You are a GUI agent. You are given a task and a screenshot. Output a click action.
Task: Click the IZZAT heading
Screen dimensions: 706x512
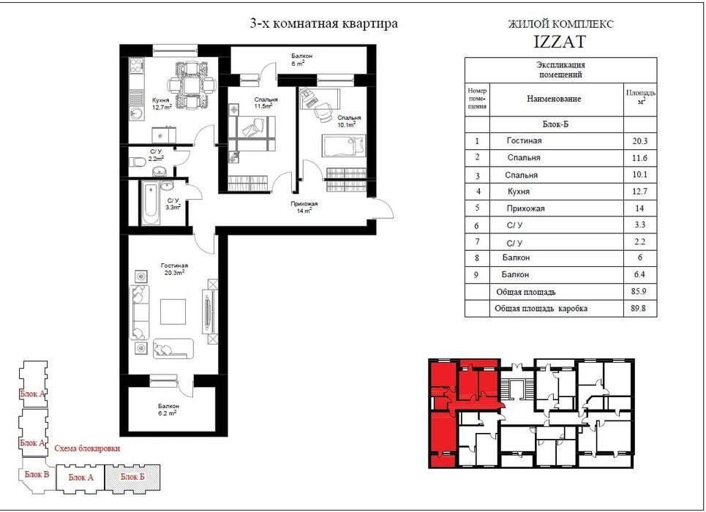click(x=560, y=42)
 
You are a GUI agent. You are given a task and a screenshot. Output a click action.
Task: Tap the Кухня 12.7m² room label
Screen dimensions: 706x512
click(x=162, y=104)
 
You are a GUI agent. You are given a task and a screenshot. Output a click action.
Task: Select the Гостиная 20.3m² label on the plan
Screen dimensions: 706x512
click(x=174, y=269)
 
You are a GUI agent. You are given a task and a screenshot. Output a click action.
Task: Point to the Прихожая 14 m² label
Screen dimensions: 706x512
click(x=304, y=207)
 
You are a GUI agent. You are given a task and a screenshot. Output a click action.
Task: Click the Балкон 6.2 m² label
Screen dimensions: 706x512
click(x=168, y=410)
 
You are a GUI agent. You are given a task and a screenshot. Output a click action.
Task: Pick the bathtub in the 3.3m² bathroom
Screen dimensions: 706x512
click(x=151, y=203)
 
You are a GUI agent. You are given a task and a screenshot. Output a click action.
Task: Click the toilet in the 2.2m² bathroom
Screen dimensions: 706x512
click(x=137, y=161)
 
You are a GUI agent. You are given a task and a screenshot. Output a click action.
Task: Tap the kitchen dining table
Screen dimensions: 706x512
click(x=190, y=85)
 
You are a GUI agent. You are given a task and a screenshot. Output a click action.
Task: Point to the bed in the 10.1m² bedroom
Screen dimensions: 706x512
click(x=345, y=146)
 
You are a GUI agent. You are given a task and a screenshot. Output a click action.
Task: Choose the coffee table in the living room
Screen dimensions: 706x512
click(x=173, y=312)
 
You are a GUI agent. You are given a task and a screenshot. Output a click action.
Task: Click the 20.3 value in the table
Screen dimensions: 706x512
click(x=639, y=141)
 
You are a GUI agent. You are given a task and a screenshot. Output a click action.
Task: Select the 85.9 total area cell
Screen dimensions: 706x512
click(x=639, y=291)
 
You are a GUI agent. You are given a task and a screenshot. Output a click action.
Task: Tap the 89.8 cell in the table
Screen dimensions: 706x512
click(x=639, y=309)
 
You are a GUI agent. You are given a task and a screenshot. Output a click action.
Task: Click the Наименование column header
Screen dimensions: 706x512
click(x=554, y=99)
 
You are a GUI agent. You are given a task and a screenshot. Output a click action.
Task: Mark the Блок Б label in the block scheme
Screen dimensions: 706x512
click(x=132, y=476)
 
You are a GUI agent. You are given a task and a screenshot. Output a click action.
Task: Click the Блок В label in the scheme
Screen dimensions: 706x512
click(x=37, y=474)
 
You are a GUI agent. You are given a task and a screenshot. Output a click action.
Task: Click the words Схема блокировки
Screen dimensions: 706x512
click(x=87, y=448)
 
